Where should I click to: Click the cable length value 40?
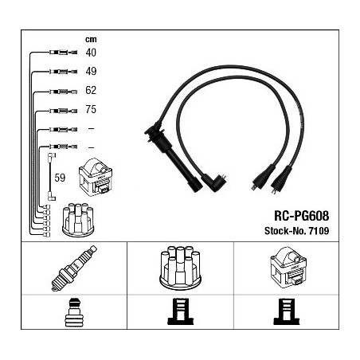tap(91, 53)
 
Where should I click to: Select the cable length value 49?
tap(91, 71)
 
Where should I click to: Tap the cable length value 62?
tap(91, 90)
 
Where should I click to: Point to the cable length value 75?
tap(91, 109)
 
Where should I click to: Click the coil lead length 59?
tap(60, 178)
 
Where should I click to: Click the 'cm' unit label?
tap(91, 40)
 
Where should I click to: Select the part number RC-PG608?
tap(301, 216)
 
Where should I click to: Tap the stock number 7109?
tap(319, 231)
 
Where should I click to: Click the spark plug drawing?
tap(74, 268)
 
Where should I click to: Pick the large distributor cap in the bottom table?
tap(180, 268)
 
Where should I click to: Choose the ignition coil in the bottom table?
tap(288, 267)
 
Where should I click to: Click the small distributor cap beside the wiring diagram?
tap(78, 220)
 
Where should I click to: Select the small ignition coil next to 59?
tap(96, 177)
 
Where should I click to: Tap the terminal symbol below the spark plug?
tap(74, 312)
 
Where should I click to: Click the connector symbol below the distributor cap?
tap(180, 311)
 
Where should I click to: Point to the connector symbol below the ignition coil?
tap(287, 311)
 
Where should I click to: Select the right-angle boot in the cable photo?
tap(214, 182)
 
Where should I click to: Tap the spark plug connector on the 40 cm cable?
tap(63, 53)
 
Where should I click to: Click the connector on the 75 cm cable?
tap(63, 111)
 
